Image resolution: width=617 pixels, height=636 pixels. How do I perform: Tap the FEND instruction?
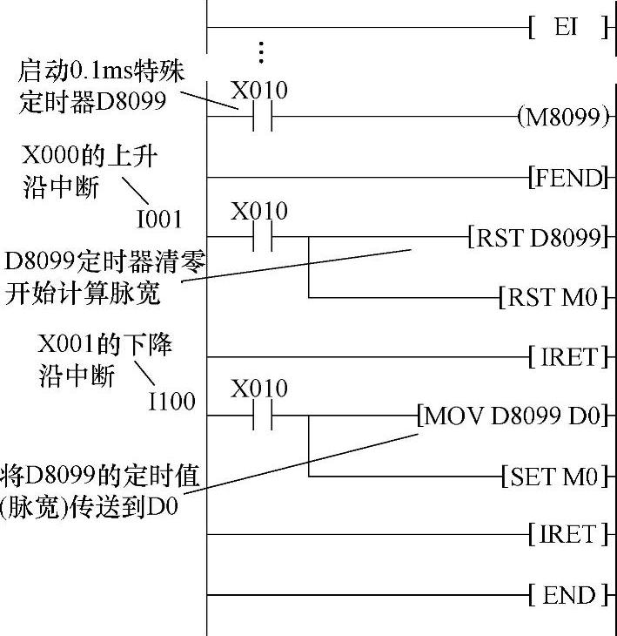pos(567,179)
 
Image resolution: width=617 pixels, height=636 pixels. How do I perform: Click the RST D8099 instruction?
pos(536,237)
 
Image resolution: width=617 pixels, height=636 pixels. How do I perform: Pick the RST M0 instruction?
pos(552,298)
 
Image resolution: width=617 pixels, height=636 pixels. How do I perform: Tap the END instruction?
pos(568,596)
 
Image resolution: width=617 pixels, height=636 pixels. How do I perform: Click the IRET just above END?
pos(567,534)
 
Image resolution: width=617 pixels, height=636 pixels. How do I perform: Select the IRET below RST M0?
pos(567,356)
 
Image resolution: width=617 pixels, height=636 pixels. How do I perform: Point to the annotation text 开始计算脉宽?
pos(83,294)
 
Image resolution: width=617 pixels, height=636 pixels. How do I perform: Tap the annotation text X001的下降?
pos(104,343)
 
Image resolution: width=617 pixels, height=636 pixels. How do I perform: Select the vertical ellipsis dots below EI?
pos(260,52)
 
